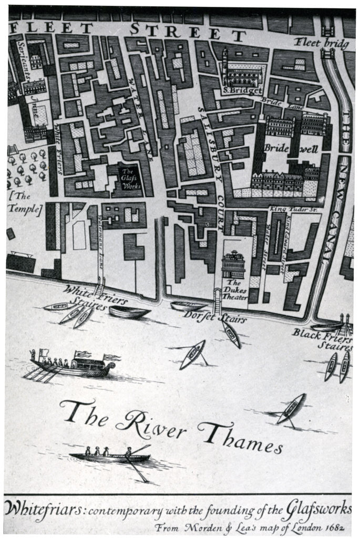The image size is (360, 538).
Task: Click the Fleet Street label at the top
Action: click(128, 30)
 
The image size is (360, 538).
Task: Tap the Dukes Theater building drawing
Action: click(233, 264)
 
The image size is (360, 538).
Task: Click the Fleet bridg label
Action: click(321, 43)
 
